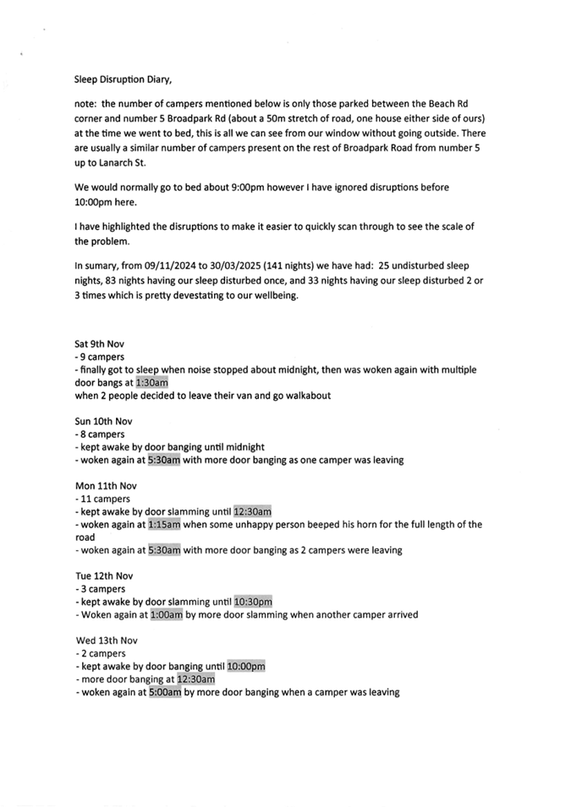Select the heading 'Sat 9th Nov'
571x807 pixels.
[x=101, y=345]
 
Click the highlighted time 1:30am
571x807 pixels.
[x=152, y=383]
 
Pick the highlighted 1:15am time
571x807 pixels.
[x=164, y=525]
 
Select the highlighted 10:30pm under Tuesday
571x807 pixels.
[x=253, y=603]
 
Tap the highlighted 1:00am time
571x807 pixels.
[x=166, y=615]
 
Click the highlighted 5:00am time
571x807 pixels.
[x=165, y=692]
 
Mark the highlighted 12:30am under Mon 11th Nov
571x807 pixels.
[x=252, y=512]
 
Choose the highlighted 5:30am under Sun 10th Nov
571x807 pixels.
[x=164, y=461]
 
